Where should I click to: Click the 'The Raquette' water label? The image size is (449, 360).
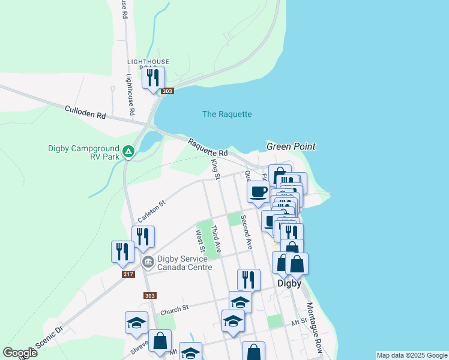(227, 114)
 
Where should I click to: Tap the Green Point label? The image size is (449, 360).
(291, 146)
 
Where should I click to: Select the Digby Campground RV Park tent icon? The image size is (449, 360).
(128, 151)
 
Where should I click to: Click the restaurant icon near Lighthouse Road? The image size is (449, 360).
(153, 77)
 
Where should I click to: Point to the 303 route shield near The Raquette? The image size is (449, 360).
(167, 91)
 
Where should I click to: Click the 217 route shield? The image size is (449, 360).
(128, 274)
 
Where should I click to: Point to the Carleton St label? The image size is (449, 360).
(151, 212)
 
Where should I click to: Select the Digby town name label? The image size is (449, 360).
(289, 283)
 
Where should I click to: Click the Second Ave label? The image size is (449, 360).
(246, 232)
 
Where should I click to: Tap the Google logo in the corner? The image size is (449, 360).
(19, 353)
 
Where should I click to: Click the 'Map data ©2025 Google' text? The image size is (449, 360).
(412, 355)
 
